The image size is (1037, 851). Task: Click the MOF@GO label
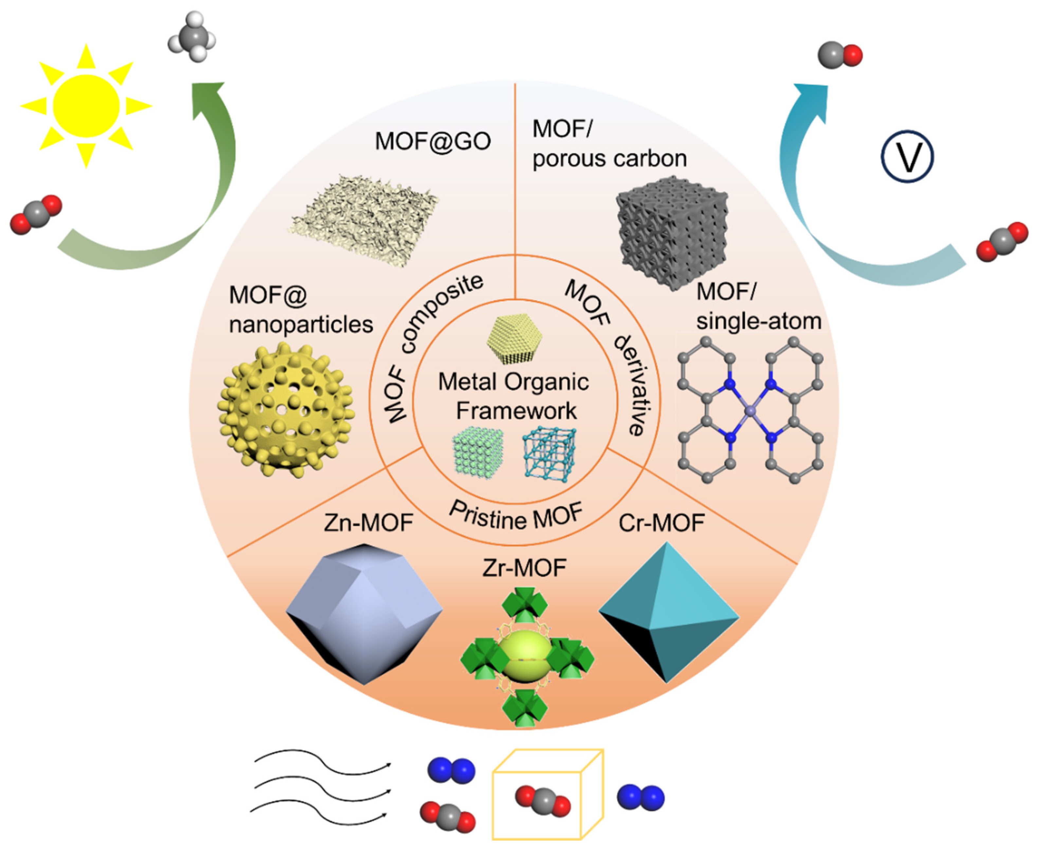(x=432, y=141)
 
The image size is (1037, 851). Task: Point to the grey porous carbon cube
(x=672, y=233)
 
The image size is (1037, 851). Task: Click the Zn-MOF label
(x=368, y=523)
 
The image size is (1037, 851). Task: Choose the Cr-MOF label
(x=662, y=523)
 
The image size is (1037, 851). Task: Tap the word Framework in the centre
(x=516, y=411)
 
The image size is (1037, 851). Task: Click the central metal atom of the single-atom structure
(x=750, y=411)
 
